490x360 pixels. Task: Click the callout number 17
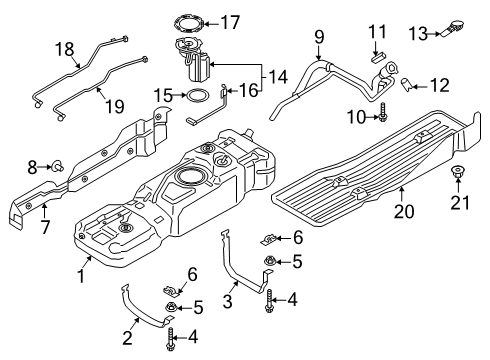[231, 20]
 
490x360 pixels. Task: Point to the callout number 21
[460, 205]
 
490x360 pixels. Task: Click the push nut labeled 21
[459, 175]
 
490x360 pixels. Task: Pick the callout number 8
[32, 164]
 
